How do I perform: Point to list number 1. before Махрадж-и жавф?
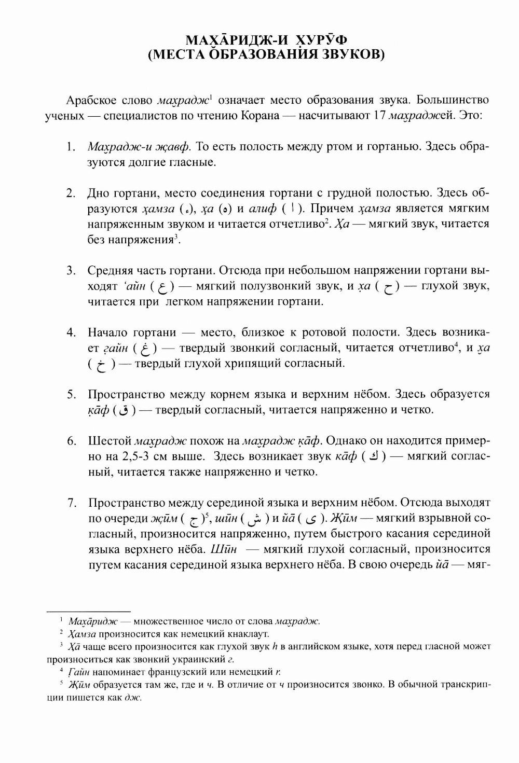point(71,147)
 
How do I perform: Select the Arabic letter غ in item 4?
point(145,349)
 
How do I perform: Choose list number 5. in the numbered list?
point(71,394)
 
